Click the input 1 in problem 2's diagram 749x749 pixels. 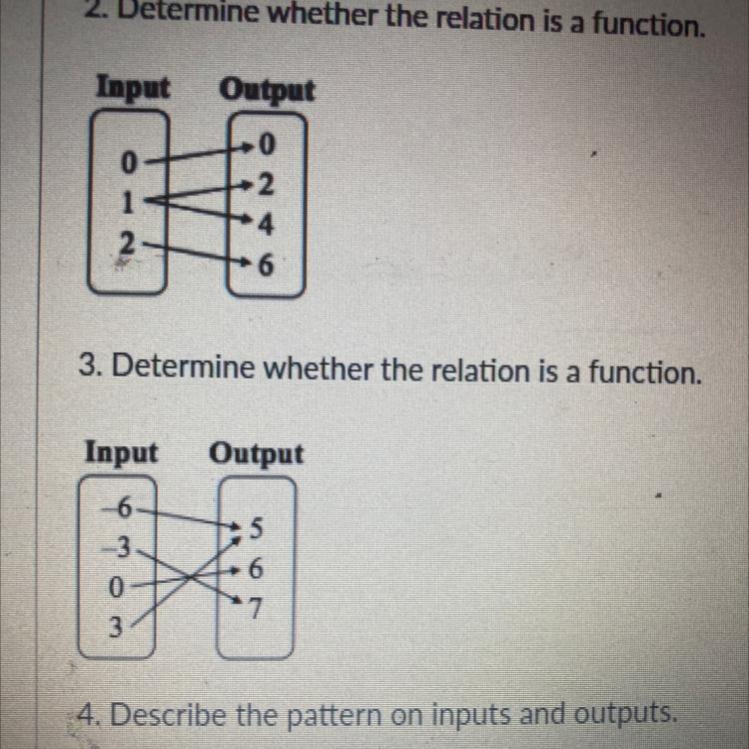126,200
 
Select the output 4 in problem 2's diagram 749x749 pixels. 264,226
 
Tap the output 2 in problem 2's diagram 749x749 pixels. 265,186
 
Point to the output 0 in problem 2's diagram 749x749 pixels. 265,147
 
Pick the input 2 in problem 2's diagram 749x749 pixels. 126,241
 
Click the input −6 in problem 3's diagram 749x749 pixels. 120,507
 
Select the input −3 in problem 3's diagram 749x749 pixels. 121,546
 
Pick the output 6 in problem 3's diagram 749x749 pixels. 258,569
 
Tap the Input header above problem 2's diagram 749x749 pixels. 132,88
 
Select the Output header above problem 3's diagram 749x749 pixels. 256,453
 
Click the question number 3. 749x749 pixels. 87,372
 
